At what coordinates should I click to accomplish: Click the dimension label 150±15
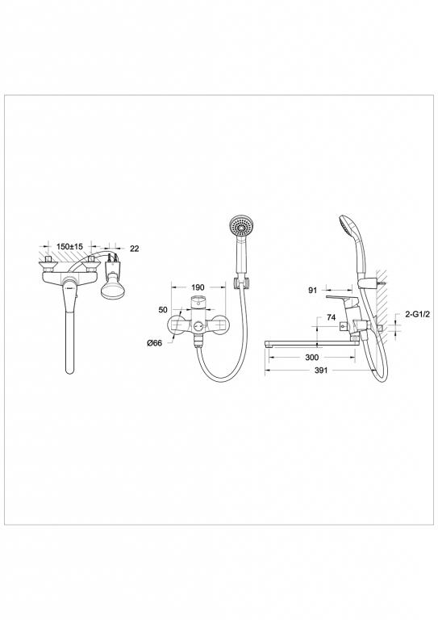tap(77, 249)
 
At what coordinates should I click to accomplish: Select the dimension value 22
tap(134, 249)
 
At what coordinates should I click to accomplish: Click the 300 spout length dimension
tap(312, 356)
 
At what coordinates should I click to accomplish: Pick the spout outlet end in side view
tap(272, 345)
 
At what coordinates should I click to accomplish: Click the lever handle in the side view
tap(355, 301)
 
